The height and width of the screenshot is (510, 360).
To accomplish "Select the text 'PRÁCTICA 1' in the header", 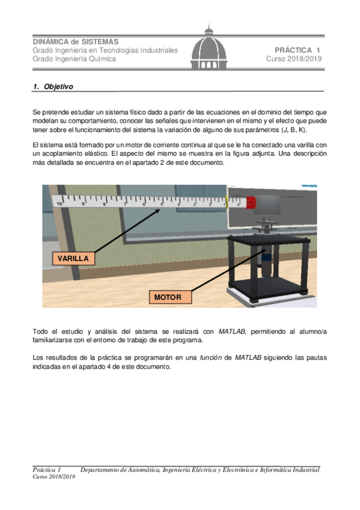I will (x=298, y=50).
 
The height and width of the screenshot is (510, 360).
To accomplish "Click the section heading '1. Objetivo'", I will (x=53, y=87).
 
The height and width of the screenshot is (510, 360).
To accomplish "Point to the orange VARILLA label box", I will (x=73, y=259).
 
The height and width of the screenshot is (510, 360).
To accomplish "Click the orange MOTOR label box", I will (x=171, y=297).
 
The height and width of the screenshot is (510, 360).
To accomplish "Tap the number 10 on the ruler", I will (x=60, y=204).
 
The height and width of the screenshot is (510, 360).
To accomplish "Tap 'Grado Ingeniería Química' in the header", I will (x=74, y=59).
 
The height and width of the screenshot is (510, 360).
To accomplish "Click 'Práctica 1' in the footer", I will (x=47, y=469).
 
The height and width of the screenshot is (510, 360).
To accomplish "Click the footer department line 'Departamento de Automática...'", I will (x=200, y=469).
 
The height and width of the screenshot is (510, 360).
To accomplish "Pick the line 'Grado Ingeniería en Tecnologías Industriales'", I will (x=105, y=50).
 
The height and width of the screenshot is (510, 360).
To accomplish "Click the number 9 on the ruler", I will (x=82, y=203).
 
